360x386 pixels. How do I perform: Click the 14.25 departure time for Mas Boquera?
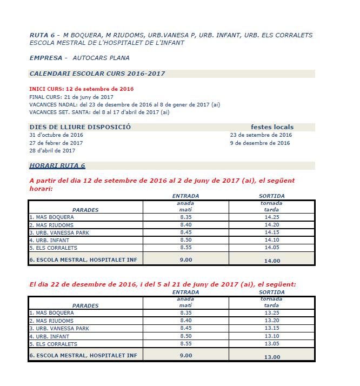pos(271,217)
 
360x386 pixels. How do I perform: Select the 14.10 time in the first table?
pos(271,240)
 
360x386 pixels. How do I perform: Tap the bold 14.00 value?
pos(272,261)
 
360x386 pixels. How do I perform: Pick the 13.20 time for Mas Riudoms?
pos(271,321)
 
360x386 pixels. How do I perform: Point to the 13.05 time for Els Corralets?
pos(271,344)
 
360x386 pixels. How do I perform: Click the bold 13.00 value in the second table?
pos(272,357)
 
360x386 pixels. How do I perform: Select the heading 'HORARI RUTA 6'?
pos(57,166)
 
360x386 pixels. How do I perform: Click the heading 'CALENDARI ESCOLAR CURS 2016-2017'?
pos(97,74)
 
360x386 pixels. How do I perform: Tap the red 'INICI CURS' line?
pos(81,89)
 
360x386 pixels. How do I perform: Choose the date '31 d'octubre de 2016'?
pos(56,135)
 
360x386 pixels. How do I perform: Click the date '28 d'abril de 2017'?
pos(52,151)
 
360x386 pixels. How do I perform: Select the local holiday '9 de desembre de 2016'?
pos(260,143)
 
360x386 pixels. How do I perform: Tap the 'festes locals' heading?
pos(272,128)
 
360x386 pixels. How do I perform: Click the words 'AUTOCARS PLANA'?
pos(101,58)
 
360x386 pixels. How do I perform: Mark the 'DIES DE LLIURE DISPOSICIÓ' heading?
pos(80,128)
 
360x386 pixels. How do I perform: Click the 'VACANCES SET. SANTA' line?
pos(99,112)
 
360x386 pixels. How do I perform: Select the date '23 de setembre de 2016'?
pos(261,135)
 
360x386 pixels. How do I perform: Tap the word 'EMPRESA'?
pos(46,58)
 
